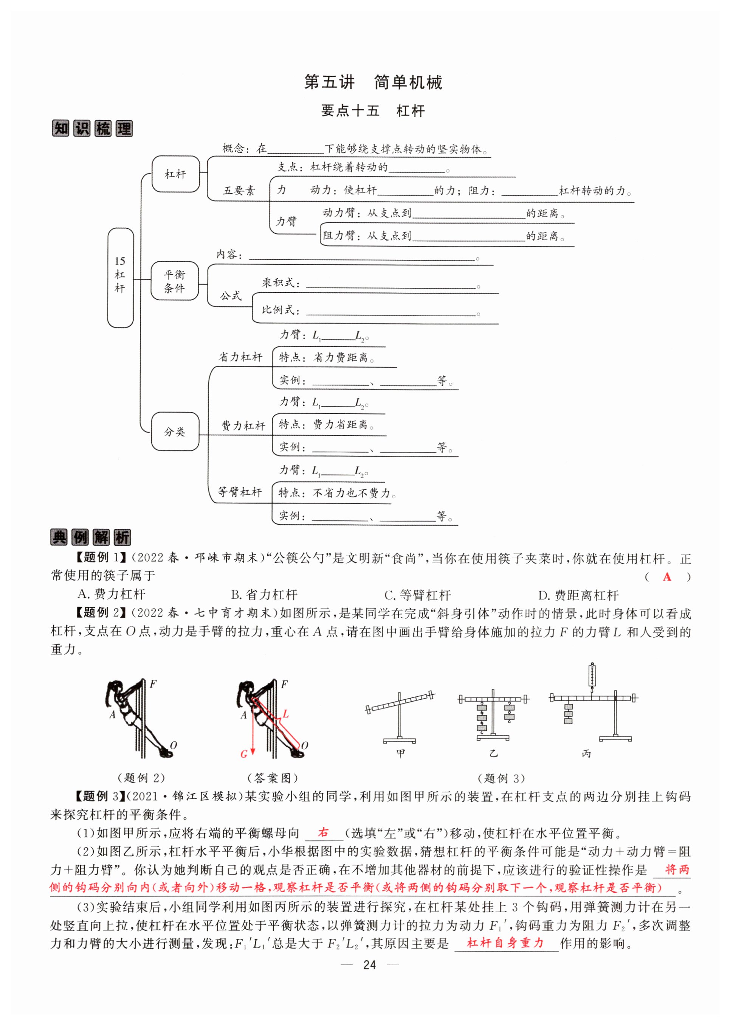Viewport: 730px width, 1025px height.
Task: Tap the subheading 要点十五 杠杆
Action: click(373, 111)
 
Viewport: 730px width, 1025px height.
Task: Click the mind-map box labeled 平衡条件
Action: click(175, 281)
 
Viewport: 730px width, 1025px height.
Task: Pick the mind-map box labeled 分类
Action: click(175, 431)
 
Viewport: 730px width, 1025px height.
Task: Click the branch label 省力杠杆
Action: click(240, 357)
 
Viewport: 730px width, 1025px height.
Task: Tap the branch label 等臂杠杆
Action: click(240, 492)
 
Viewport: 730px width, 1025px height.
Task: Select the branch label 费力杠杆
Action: click(243, 426)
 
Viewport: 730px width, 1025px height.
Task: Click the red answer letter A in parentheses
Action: click(667, 577)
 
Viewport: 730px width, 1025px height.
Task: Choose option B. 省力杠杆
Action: click(264, 595)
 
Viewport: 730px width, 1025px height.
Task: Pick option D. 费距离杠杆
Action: click(578, 595)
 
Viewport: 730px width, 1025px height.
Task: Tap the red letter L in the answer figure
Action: click(285, 714)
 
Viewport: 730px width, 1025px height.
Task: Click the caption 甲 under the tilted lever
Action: click(400, 753)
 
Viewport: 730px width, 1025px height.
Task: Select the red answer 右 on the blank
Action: click(323, 832)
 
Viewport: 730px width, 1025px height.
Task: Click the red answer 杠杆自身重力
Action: click(506, 943)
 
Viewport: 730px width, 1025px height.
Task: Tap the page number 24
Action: click(369, 965)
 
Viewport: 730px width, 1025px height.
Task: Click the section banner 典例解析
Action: click(91, 537)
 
